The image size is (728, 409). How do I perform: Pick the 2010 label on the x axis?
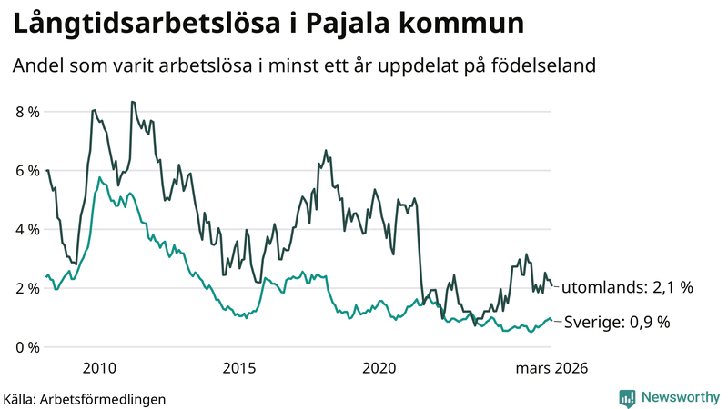[x=99, y=368]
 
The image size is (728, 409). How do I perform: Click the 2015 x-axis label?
[x=239, y=368]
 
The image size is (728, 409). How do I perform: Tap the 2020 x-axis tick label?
[x=379, y=368]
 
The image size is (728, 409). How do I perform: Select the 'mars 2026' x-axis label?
[x=551, y=368]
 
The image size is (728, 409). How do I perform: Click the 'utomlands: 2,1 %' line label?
[x=627, y=287]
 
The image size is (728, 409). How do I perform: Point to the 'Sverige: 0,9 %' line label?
[x=618, y=322]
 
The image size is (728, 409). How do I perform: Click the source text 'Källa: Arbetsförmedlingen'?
[x=85, y=398]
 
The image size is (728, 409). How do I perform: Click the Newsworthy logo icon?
[x=627, y=397]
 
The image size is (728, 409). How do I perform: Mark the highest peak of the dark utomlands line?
[x=132, y=102]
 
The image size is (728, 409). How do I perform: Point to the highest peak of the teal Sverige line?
[x=98, y=177]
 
